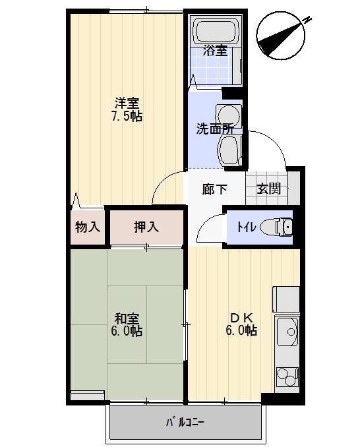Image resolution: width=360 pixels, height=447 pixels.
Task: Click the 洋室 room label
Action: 127,103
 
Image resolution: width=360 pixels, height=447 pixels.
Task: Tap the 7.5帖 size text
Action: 127,116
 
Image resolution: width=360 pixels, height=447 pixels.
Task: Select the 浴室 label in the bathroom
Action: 215,51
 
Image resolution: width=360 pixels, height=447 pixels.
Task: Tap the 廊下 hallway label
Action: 214,189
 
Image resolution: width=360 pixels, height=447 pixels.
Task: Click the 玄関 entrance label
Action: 268,189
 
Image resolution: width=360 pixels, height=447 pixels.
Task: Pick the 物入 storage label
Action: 88,227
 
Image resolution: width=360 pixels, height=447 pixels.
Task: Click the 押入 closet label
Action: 146,227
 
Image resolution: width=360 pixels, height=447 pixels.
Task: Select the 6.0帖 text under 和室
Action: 126,331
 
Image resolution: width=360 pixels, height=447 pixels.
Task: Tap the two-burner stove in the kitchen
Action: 287,376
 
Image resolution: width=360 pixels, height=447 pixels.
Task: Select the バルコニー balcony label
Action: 185,423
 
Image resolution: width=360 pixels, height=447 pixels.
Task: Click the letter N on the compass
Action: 307,20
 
